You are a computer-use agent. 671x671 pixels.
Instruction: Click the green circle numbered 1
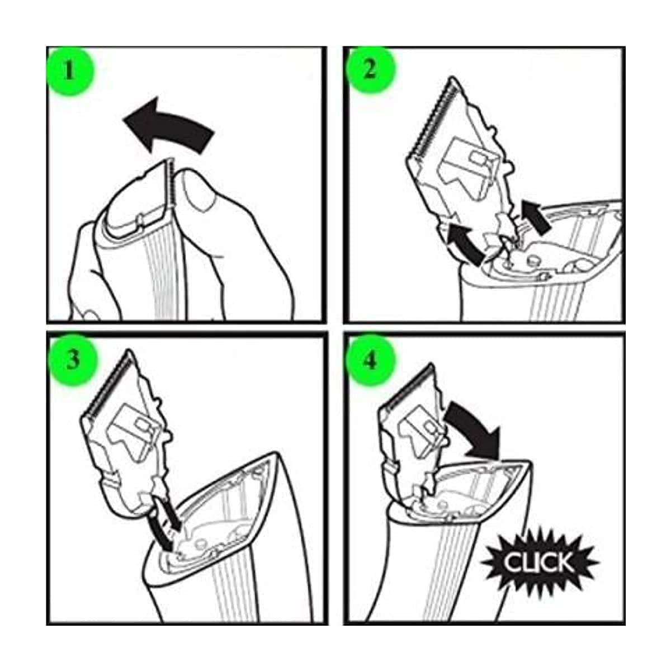pyautogui.click(x=70, y=70)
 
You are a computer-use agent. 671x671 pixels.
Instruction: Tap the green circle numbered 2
pyautogui.click(x=370, y=70)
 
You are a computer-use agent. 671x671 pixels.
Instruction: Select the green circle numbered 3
pyautogui.click(x=73, y=360)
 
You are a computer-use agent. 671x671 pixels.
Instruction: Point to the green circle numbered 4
pyautogui.click(x=370, y=361)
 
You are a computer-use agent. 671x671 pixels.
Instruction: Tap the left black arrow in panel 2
pyautogui.click(x=465, y=244)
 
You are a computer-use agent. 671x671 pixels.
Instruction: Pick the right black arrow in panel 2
pyautogui.click(x=536, y=218)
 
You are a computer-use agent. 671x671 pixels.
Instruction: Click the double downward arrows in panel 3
pyautogui.click(x=164, y=526)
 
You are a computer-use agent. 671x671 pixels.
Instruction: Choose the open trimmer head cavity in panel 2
pyautogui.click(x=550, y=251)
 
